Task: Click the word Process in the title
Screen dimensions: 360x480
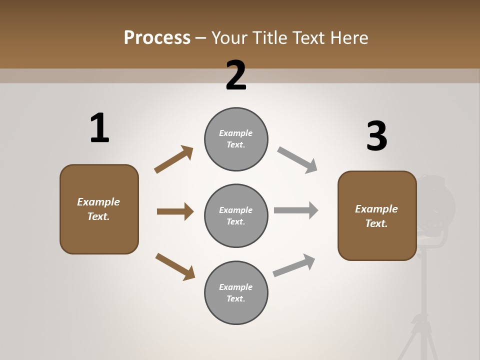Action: (157, 37)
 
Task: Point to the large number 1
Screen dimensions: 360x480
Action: (99, 128)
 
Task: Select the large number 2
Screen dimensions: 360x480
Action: (236, 75)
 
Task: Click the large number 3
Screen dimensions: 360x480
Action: (376, 137)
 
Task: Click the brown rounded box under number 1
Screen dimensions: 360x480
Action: (99, 209)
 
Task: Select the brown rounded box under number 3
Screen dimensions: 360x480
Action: (377, 216)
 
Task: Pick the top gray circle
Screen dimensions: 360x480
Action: (236, 139)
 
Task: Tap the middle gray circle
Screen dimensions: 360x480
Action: (236, 216)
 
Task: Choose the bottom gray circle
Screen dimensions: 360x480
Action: (236, 293)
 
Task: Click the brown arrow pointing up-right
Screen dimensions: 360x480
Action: (174, 159)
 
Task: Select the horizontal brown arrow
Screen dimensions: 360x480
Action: (175, 211)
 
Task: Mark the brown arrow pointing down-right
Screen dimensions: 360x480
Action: (175, 267)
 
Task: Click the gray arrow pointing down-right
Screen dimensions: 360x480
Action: (297, 160)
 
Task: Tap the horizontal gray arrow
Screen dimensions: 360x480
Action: (296, 210)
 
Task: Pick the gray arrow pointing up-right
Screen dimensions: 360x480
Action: (294, 265)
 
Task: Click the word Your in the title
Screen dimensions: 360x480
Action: (229, 37)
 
